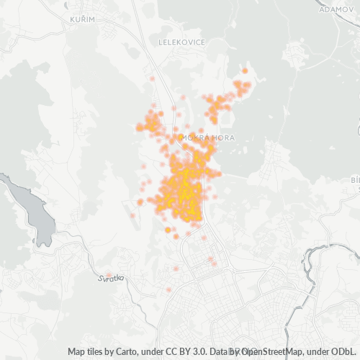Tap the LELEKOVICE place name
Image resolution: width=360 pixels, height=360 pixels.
point(182,42)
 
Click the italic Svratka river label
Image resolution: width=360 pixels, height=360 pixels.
point(111,278)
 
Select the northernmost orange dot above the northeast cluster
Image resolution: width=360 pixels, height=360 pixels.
point(245,71)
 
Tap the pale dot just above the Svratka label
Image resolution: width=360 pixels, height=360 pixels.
point(108,274)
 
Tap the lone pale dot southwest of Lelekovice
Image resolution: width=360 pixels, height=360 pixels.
point(153,78)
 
